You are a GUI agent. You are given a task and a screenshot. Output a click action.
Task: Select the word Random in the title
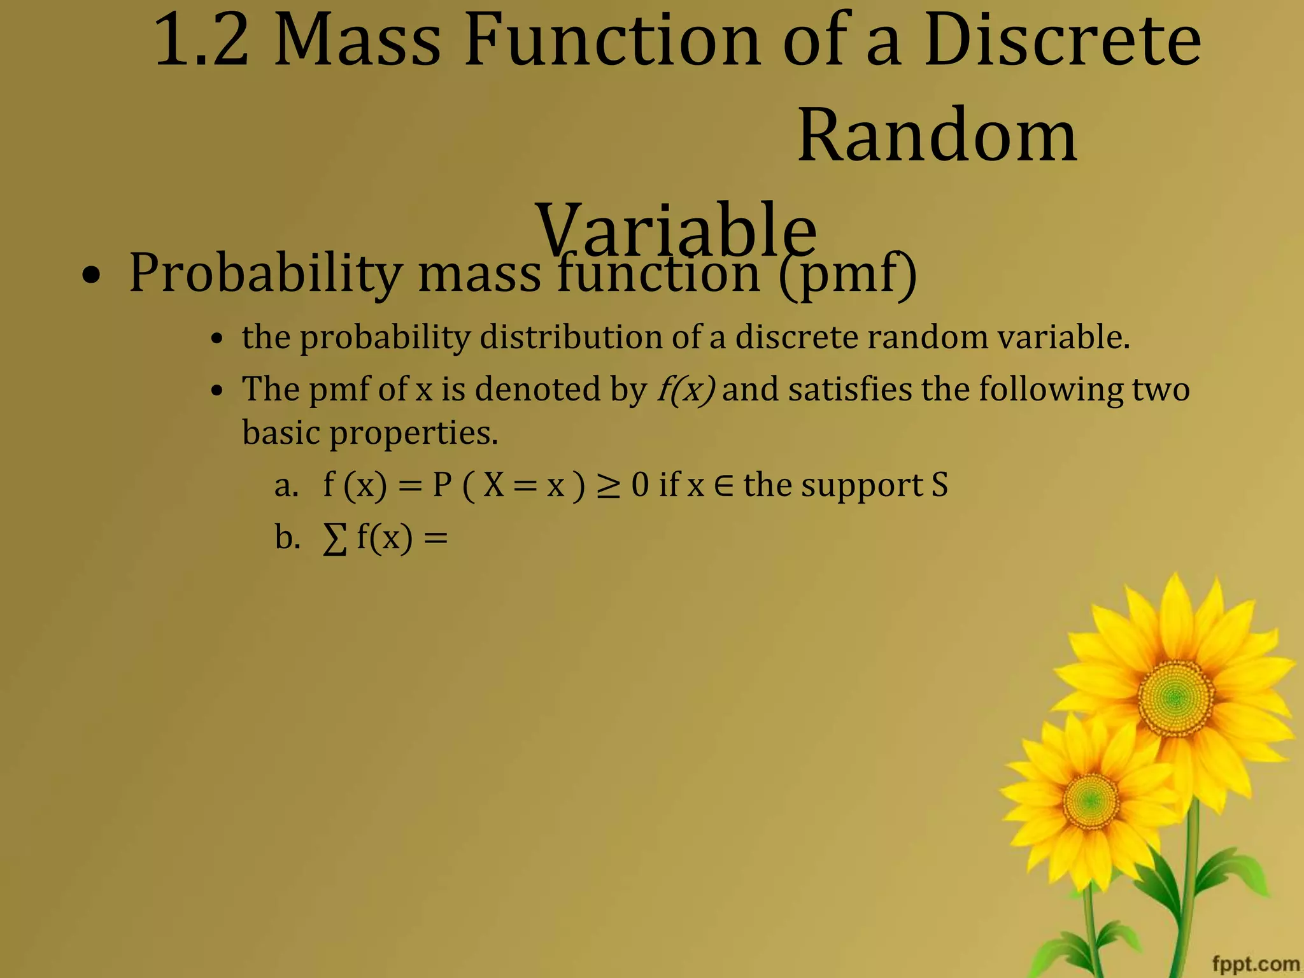[937, 136]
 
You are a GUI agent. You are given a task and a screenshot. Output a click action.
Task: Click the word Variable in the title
[676, 229]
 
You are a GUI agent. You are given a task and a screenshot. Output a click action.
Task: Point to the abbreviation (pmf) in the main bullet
[847, 274]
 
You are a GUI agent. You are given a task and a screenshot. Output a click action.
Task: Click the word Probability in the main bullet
[265, 274]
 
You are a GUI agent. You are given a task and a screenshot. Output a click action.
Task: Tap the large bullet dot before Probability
[92, 277]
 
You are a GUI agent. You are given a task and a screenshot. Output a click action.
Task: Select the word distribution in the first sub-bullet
[570, 337]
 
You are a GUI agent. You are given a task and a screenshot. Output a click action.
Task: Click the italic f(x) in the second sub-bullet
[686, 389]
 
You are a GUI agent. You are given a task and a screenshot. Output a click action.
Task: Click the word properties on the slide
[414, 434]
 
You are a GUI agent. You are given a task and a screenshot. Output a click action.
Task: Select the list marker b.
[287, 538]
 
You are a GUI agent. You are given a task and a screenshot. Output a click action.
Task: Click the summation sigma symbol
[335, 540]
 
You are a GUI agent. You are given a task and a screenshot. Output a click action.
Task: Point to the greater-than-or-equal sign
[608, 487]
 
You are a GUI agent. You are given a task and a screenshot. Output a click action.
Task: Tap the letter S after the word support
[940, 485]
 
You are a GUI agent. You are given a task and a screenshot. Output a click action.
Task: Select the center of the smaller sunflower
[1091, 800]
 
